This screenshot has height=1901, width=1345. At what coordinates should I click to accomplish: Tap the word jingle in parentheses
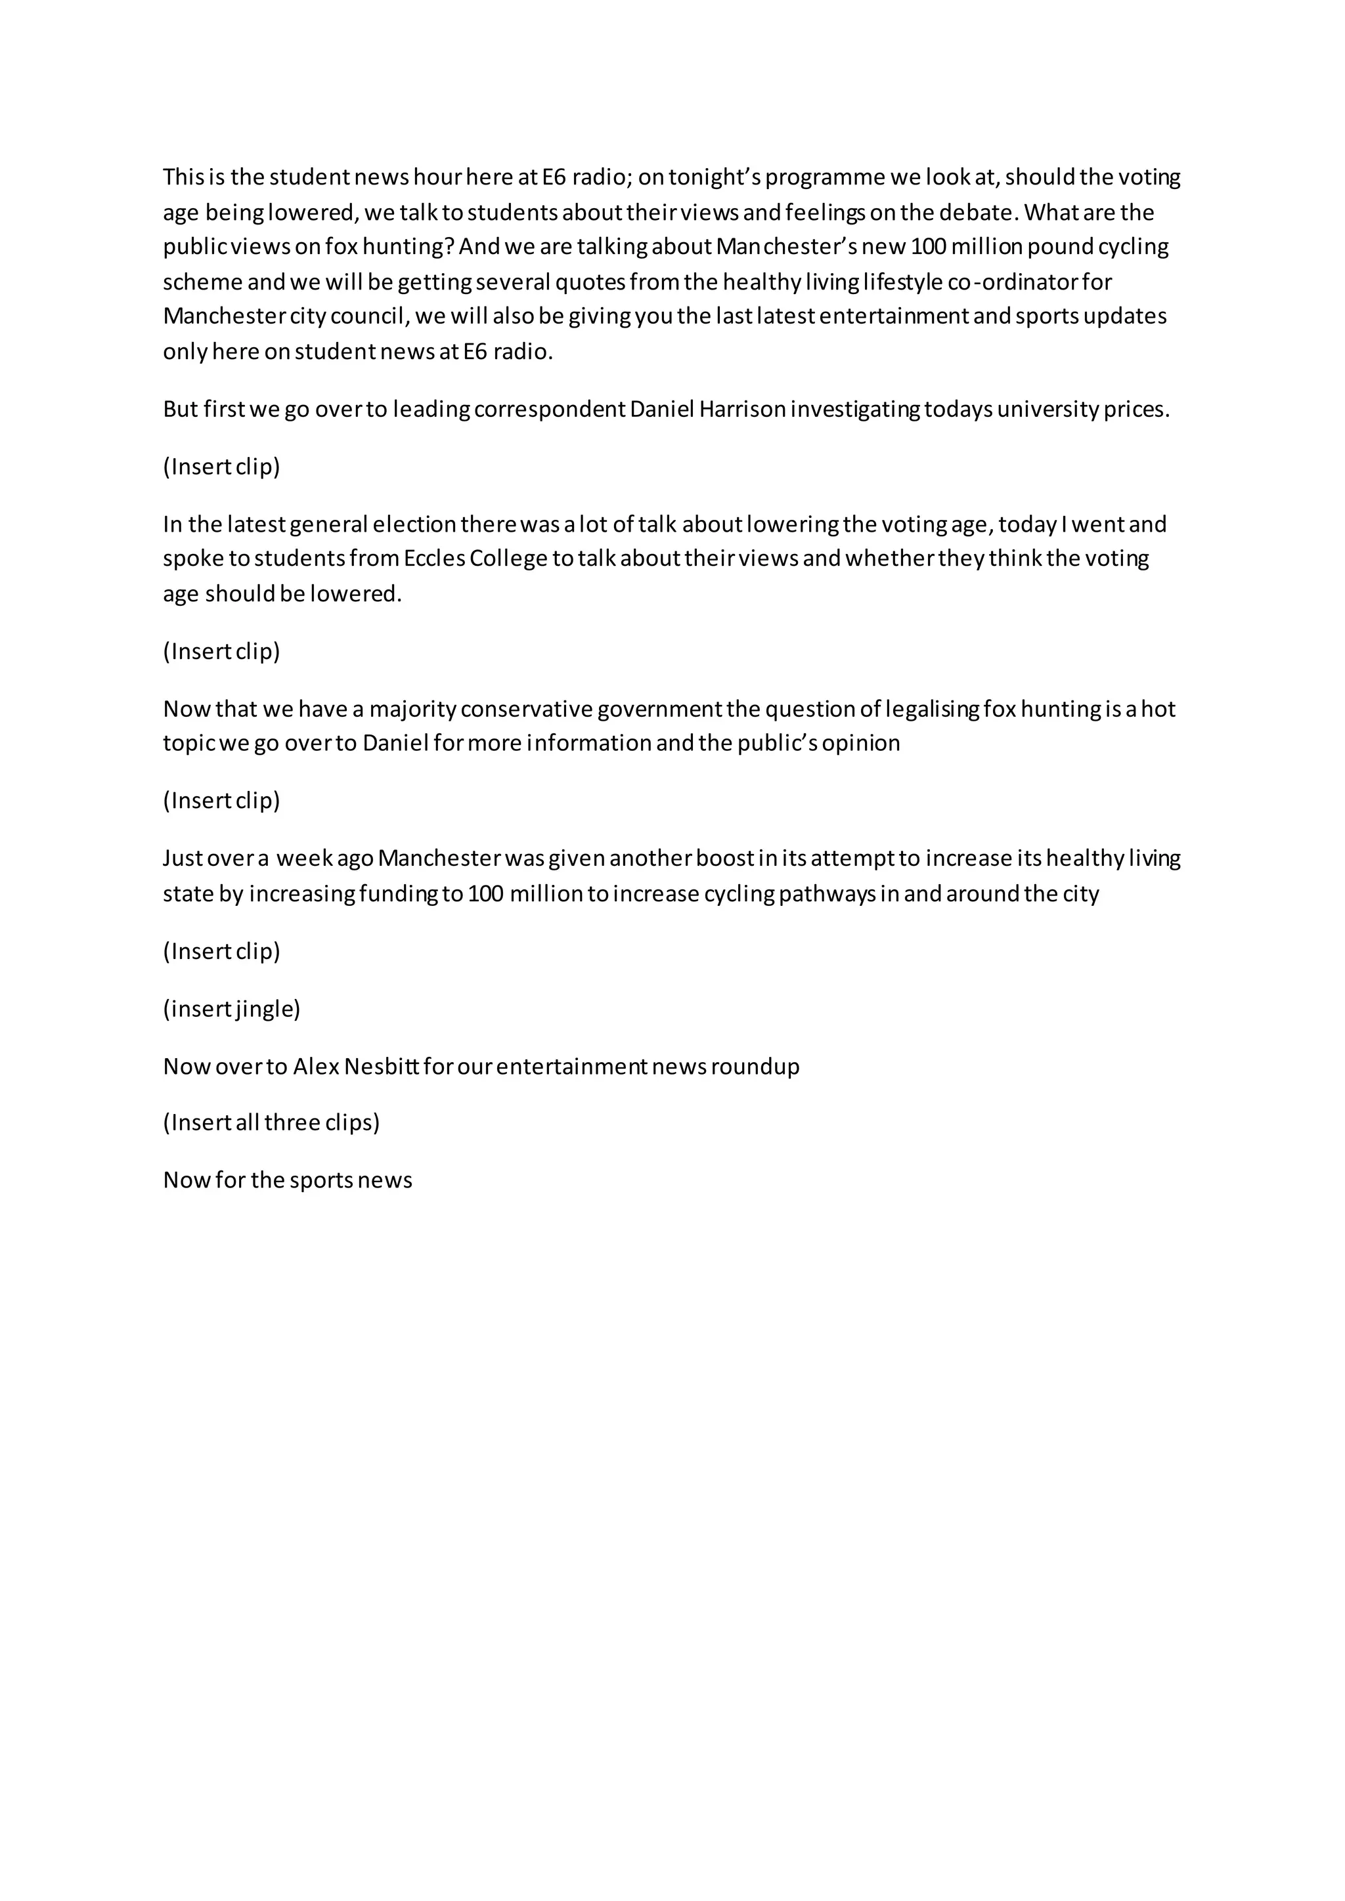point(264,1010)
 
